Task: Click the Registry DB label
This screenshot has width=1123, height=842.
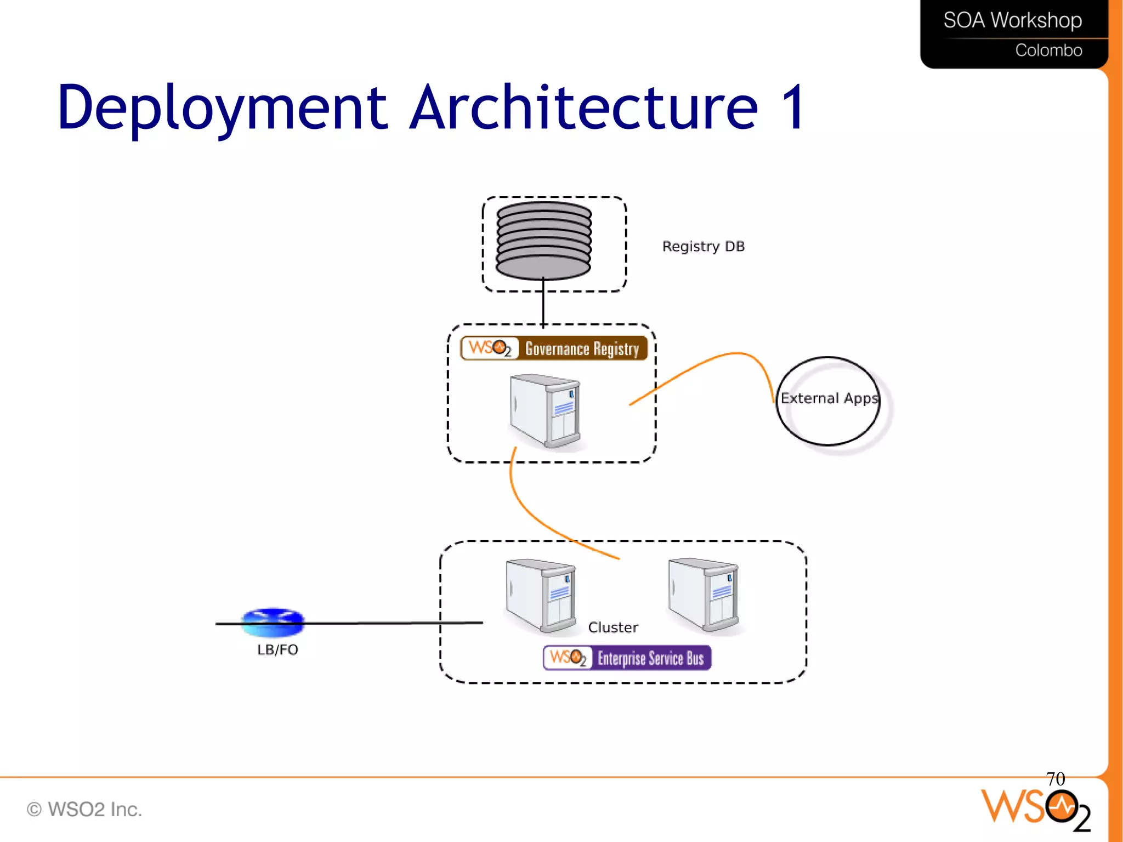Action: [x=703, y=246]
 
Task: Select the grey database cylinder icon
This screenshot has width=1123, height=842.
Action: [x=543, y=240]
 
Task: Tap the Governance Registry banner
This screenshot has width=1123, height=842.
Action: [x=554, y=348]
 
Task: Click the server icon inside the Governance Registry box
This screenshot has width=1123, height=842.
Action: [x=545, y=411]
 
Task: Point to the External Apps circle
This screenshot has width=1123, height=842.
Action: [x=829, y=400]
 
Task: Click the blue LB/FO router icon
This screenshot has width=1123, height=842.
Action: [x=273, y=622]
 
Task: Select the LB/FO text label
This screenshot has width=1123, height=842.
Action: [x=277, y=650]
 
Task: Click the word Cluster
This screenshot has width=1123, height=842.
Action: [x=612, y=628]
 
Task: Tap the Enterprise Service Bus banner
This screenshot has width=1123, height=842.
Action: [x=627, y=658]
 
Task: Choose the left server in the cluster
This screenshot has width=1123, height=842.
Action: [x=541, y=596]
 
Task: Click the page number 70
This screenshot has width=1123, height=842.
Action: [x=1055, y=779]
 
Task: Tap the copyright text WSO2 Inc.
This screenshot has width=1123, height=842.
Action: [x=85, y=809]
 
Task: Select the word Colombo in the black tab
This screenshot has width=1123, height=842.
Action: [x=1048, y=50]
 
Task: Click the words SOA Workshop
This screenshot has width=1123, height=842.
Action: [x=1012, y=21]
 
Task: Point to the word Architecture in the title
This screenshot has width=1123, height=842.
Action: [x=584, y=108]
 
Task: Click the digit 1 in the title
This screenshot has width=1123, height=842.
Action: [x=792, y=108]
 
